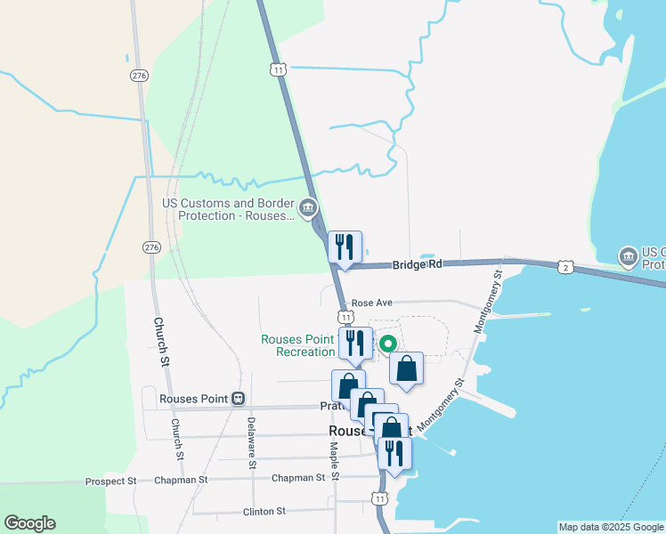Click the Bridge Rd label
417,264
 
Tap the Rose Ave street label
372,303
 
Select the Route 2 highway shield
565,266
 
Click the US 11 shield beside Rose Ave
345,317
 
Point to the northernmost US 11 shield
279,69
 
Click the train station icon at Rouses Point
238,399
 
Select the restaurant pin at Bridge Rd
345,247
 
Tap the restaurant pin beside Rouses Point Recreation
356,342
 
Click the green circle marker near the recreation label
387,344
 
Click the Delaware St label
252,442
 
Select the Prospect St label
110,481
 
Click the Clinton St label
264,512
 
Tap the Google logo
29,523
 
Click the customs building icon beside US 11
308,209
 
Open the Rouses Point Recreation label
297,345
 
